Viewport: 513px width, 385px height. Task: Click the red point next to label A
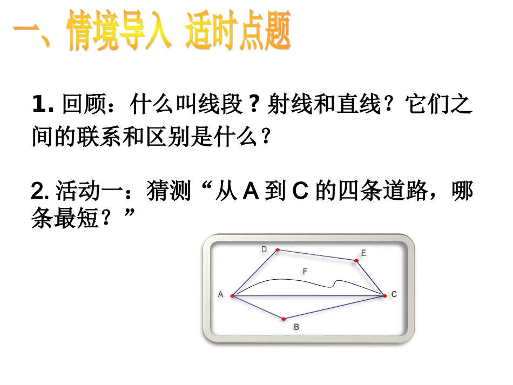[232, 296]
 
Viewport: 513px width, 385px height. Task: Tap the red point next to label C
[384, 295]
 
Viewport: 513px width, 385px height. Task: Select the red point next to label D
[278, 250]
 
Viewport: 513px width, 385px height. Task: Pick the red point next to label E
[356, 261]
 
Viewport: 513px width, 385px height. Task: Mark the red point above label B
[283, 319]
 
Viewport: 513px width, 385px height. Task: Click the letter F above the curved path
[305, 272]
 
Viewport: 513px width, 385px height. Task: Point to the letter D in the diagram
[264, 249]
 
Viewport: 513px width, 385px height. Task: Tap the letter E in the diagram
[363, 253]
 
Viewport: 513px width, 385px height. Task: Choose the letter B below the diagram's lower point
[296, 327]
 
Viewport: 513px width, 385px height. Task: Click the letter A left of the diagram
[220, 294]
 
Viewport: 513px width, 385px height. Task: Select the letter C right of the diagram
[394, 294]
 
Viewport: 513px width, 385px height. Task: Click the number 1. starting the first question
[44, 104]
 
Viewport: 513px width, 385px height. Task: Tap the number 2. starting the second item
[41, 192]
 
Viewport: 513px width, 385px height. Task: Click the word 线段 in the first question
[221, 104]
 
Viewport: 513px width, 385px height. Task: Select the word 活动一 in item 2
[90, 192]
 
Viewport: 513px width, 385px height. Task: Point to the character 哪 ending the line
[462, 192]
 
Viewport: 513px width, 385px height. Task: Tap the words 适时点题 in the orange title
[238, 32]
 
